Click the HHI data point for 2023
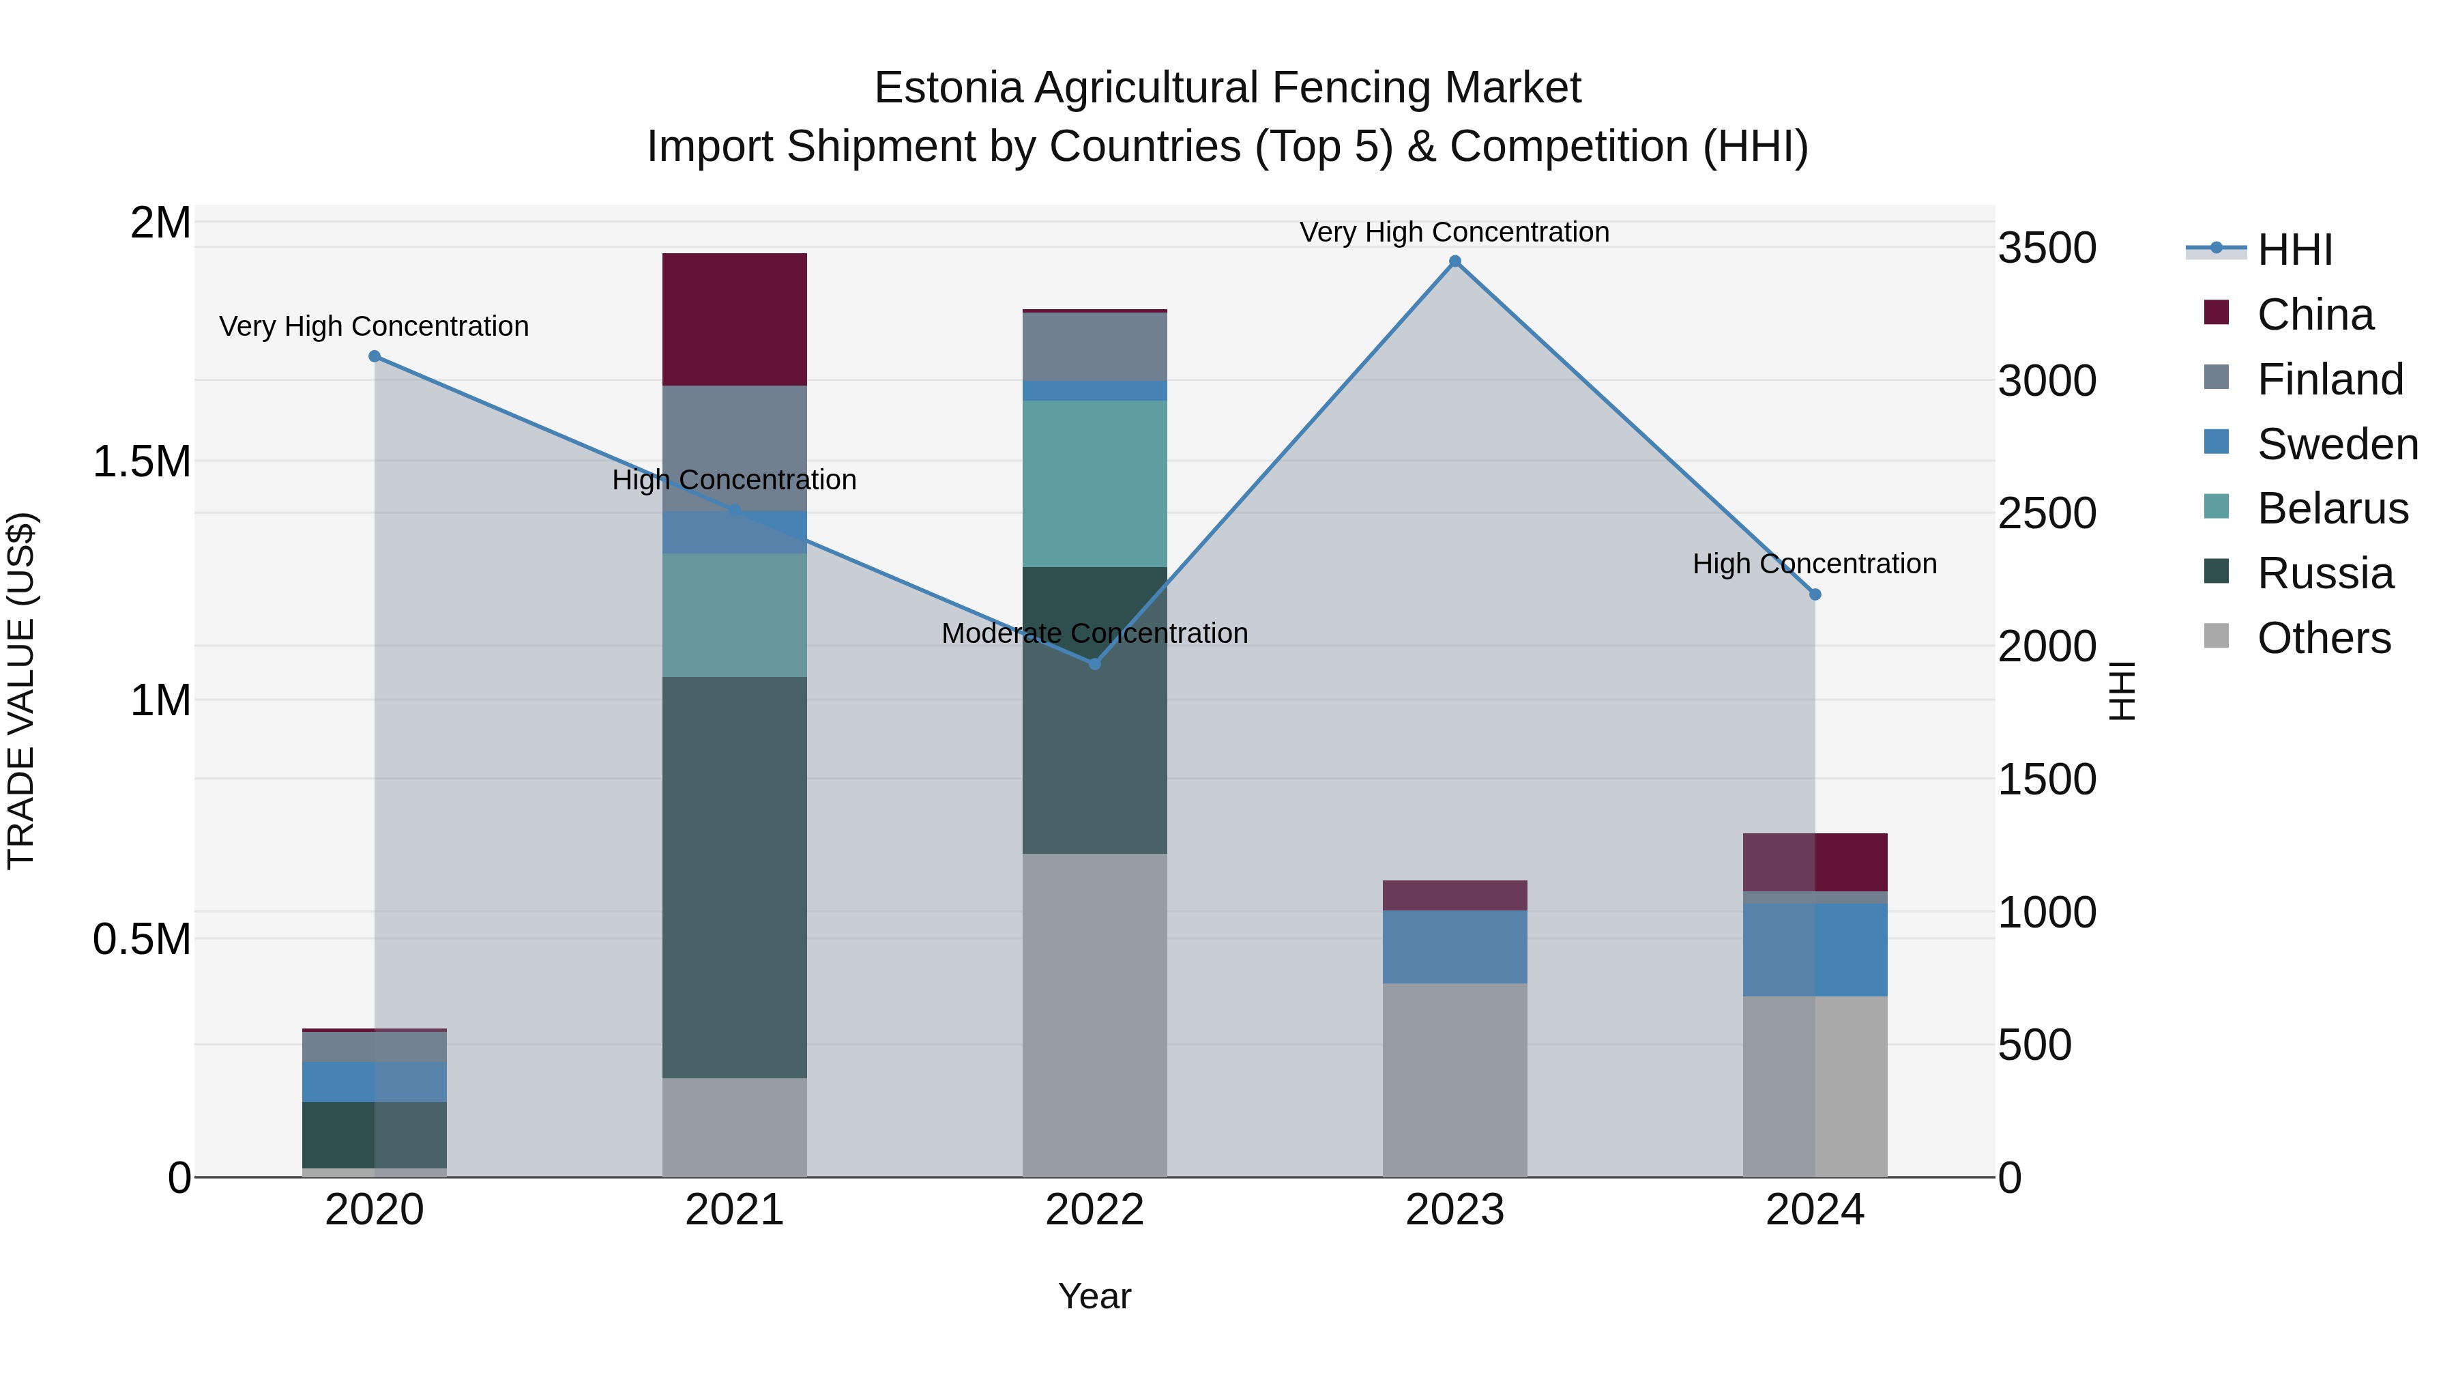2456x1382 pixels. click(x=1455, y=261)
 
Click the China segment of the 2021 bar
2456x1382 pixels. click(x=734, y=319)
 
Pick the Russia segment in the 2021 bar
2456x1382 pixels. click(x=734, y=878)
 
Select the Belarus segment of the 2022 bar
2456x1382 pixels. click(x=1094, y=484)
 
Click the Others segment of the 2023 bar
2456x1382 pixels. click(x=1455, y=1080)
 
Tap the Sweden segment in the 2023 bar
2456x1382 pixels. click(x=1455, y=947)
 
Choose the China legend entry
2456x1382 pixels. click(x=2314, y=315)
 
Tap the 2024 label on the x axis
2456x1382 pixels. click(x=1814, y=1210)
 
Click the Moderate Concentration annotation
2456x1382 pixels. click(x=1094, y=633)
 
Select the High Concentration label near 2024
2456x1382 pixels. click(x=1814, y=564)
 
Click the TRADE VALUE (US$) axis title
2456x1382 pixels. click(x=21, y=691)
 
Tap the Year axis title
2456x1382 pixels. click(x=1094, y=1296)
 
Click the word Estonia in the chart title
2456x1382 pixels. click(x=949, y=88)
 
